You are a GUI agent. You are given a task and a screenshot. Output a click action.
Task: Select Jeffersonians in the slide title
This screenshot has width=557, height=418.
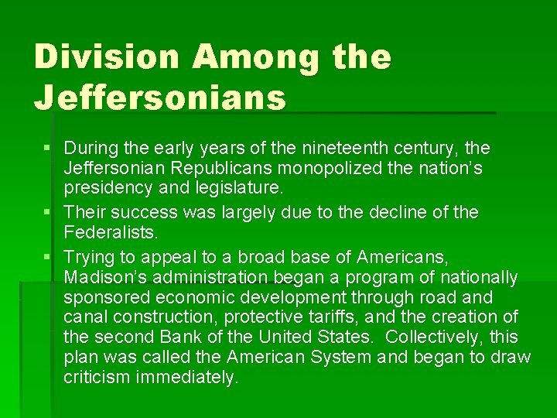click(160, 98)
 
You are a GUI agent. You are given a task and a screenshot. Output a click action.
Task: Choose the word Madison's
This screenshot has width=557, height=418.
click(108, 277)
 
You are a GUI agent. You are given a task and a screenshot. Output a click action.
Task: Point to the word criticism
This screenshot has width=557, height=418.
click(97, 378)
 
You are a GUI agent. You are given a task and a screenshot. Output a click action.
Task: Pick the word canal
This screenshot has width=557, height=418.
click(85, 317)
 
